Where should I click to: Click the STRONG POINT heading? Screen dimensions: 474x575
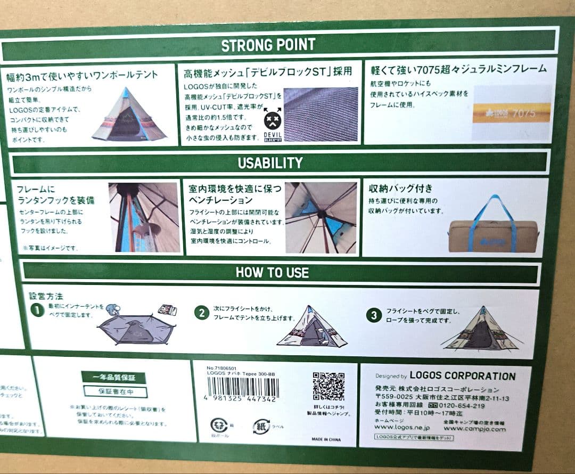point(268,45)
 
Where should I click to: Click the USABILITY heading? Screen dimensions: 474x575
point(270,163)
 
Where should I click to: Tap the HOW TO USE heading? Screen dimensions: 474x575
point(272,273)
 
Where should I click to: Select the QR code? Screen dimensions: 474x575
point(328,386)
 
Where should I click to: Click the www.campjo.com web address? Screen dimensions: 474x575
point(474,428)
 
